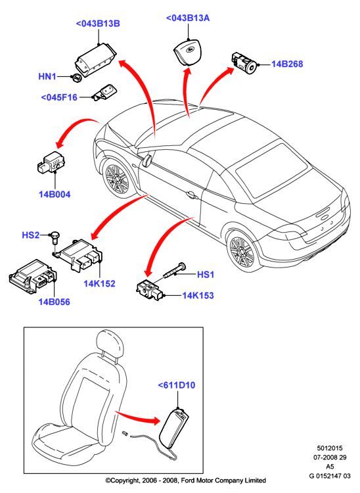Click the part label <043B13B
(x=98, y=24)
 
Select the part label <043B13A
(x=187, y=18)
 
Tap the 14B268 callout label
(x=287, y=64)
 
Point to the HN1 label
(x=47, y=76)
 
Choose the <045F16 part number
(x=59, y=97)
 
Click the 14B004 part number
(x=55, y=195)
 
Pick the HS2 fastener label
(x=31, y=235)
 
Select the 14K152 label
(x=99, y=283)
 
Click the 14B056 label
(x=54, y=302)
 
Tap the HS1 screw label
(x=206, y=275)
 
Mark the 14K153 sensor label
(x=198, y=296)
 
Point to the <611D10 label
(x=177, y=385)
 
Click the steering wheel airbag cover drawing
(x=187, y=53)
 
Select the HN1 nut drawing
(x=76, y=78)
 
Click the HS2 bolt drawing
(x=55, y=238)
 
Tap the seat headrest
(x=109, y=344)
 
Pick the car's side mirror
(x=147, y=159)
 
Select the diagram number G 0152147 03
(x=330, y=476)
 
